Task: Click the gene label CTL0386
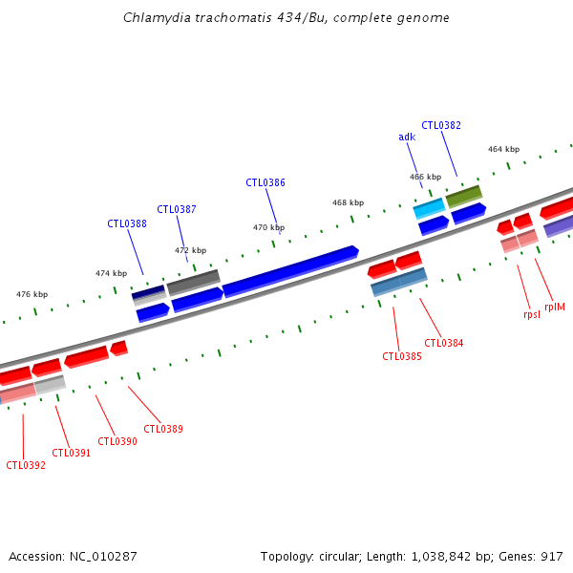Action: point(265,182)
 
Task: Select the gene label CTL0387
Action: point(177,209)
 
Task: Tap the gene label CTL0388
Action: point(127,223)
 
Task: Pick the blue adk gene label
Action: point(407,137)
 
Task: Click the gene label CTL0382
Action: point(441,125)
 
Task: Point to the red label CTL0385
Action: point(402,356)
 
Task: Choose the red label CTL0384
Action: point(444,343)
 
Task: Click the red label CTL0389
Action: point(163,429)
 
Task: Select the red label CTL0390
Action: point(117,441)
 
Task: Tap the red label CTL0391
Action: point(72,453)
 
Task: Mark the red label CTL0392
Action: point(26,465)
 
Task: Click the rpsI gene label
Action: point(532,314)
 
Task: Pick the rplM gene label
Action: point(555,307)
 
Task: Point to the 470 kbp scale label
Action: point(268,227)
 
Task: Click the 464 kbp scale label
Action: point(503,149)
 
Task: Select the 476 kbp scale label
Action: point(32,294)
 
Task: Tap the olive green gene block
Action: point(464,196)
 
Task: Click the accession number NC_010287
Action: point(73,555)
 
